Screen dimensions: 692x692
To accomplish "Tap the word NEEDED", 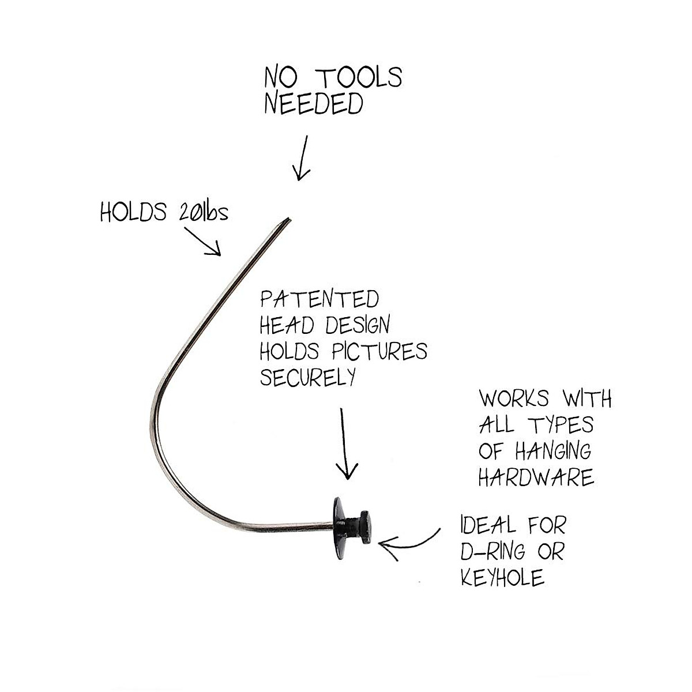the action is click(x=314, y=104).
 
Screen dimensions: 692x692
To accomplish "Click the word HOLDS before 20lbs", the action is click(x=133, y=213).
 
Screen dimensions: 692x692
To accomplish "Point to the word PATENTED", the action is click(x=319, y=300).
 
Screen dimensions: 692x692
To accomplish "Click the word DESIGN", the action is click(x=357, y=325).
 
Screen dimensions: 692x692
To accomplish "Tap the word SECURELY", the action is click(x=307, y=377).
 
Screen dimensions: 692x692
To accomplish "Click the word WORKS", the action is click(x=513, y=398).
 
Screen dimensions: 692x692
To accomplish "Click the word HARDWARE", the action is click(x=536, y=477).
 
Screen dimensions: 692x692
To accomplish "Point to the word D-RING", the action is click(x=493, y=551).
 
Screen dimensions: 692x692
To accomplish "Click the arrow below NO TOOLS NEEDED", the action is click(x=302, y=158).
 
